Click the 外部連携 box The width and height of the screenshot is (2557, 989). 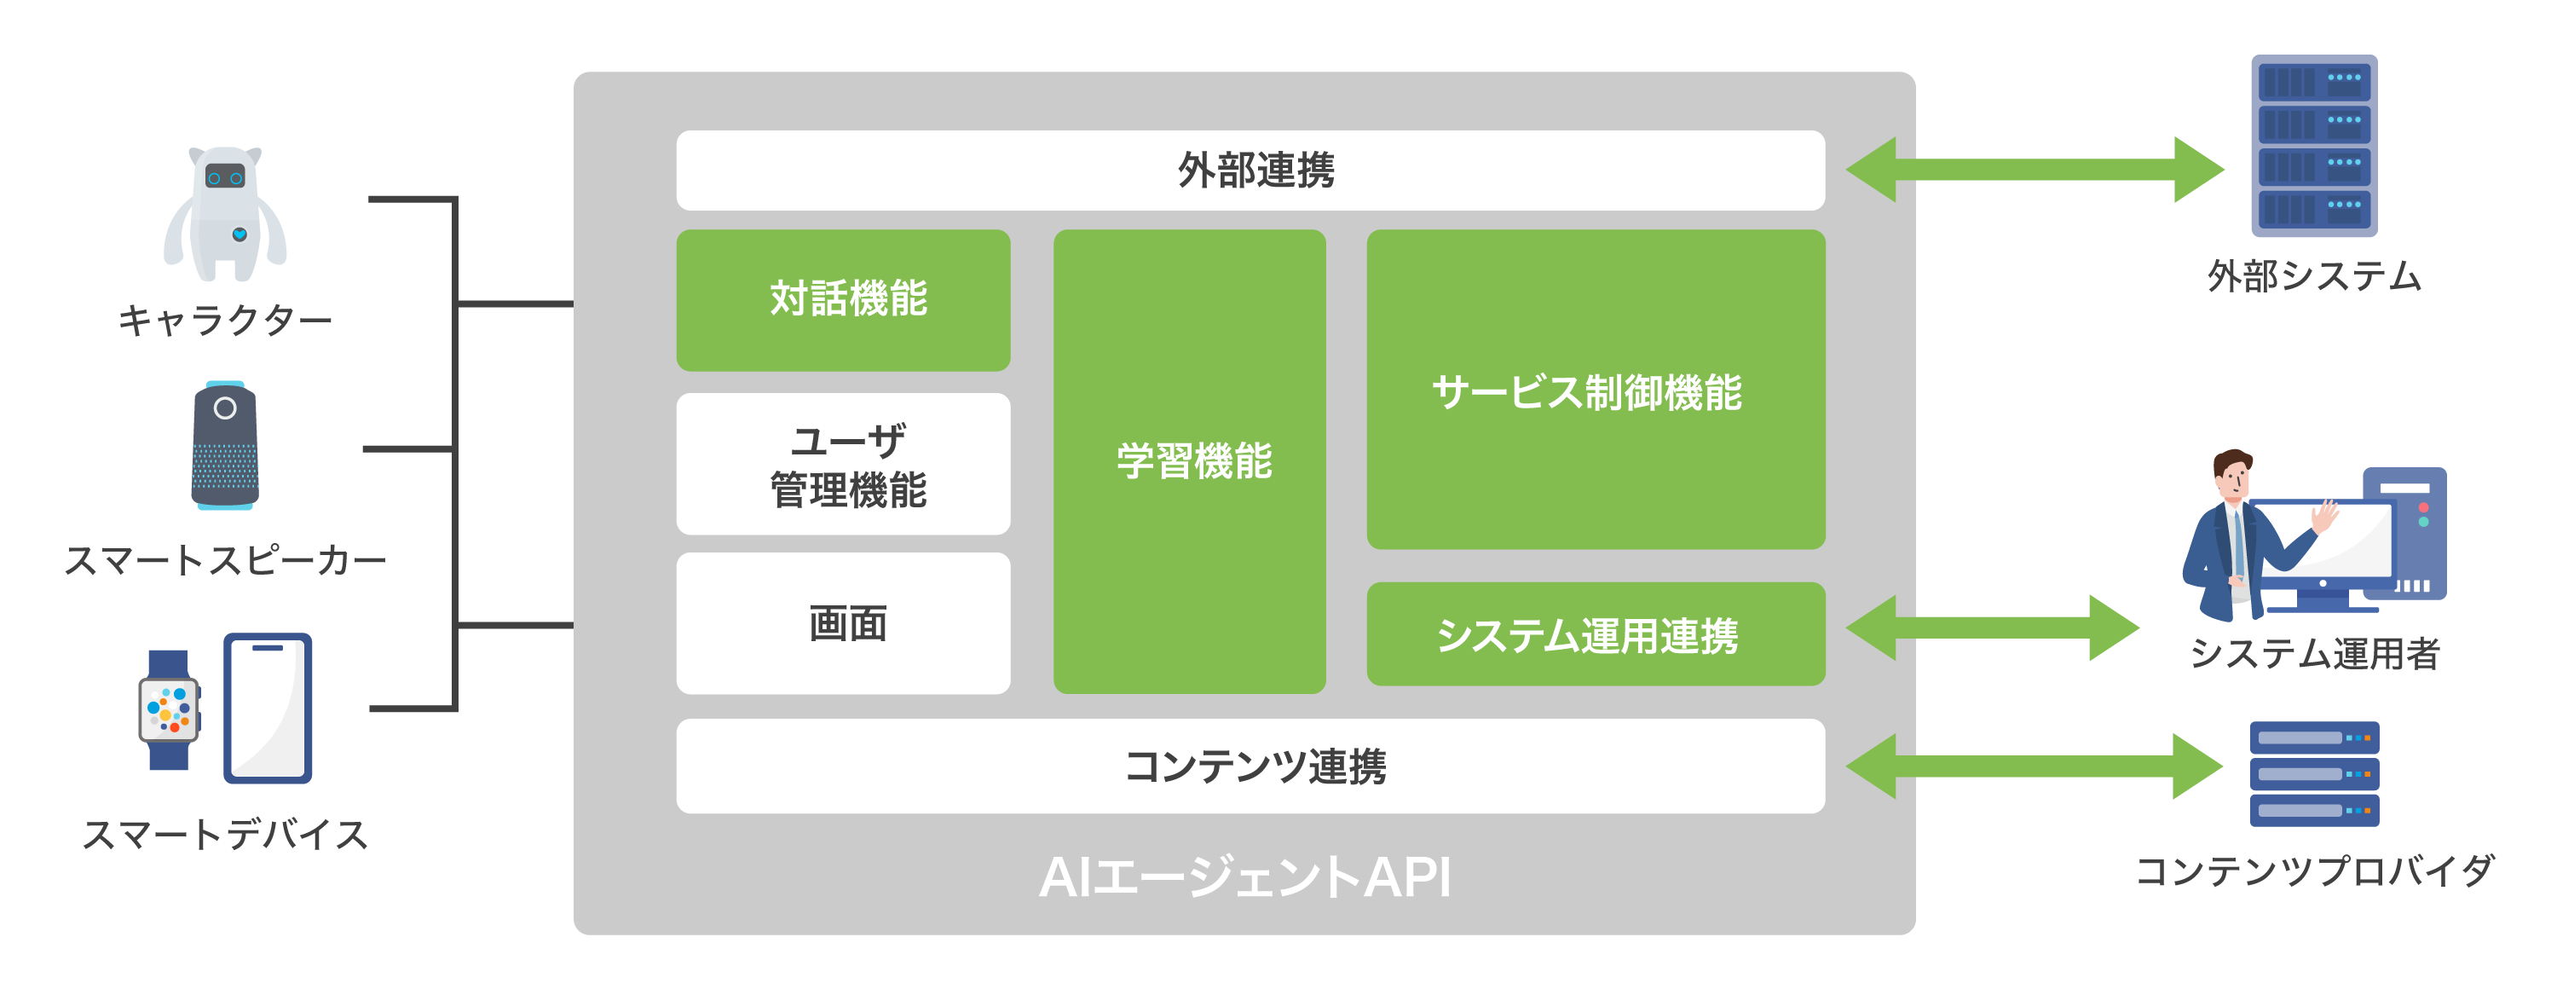click(1250, 170)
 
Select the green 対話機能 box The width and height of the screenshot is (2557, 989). click(843, 300)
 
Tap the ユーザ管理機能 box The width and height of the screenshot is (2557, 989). click(843, 464)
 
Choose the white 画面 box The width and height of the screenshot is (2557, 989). click(843, 622)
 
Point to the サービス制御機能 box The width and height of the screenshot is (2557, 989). click(1596, 390)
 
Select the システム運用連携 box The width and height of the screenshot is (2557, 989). click(1596, 633)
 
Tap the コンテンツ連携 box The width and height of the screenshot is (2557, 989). click(1250, 766)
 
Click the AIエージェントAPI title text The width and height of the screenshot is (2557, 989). click(1244, 876)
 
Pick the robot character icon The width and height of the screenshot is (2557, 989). click(225, 213)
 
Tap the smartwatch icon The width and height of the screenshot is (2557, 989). click(169, 709)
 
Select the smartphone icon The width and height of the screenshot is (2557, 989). click(268, 707)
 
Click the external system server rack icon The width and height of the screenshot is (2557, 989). click(2313, 146)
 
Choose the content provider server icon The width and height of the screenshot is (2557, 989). click(2314, 773)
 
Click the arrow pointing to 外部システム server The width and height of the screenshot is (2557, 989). click(2035, 170)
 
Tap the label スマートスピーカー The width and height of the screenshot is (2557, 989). click(225, 561)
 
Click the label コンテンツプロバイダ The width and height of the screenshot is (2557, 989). click(2314, 870)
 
